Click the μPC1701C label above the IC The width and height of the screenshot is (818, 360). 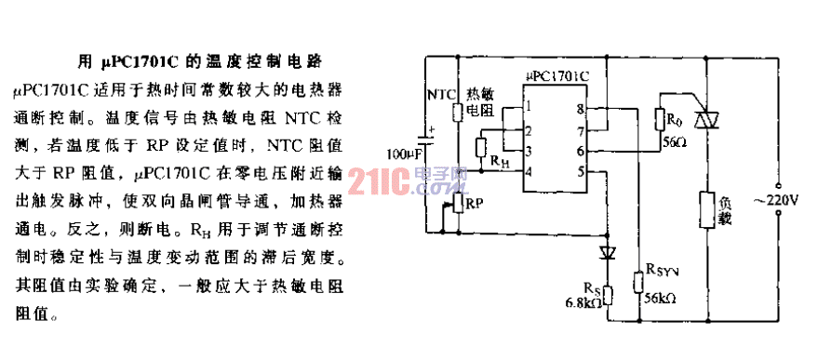(557, 69)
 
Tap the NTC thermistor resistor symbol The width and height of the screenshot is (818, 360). (457, 113)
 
